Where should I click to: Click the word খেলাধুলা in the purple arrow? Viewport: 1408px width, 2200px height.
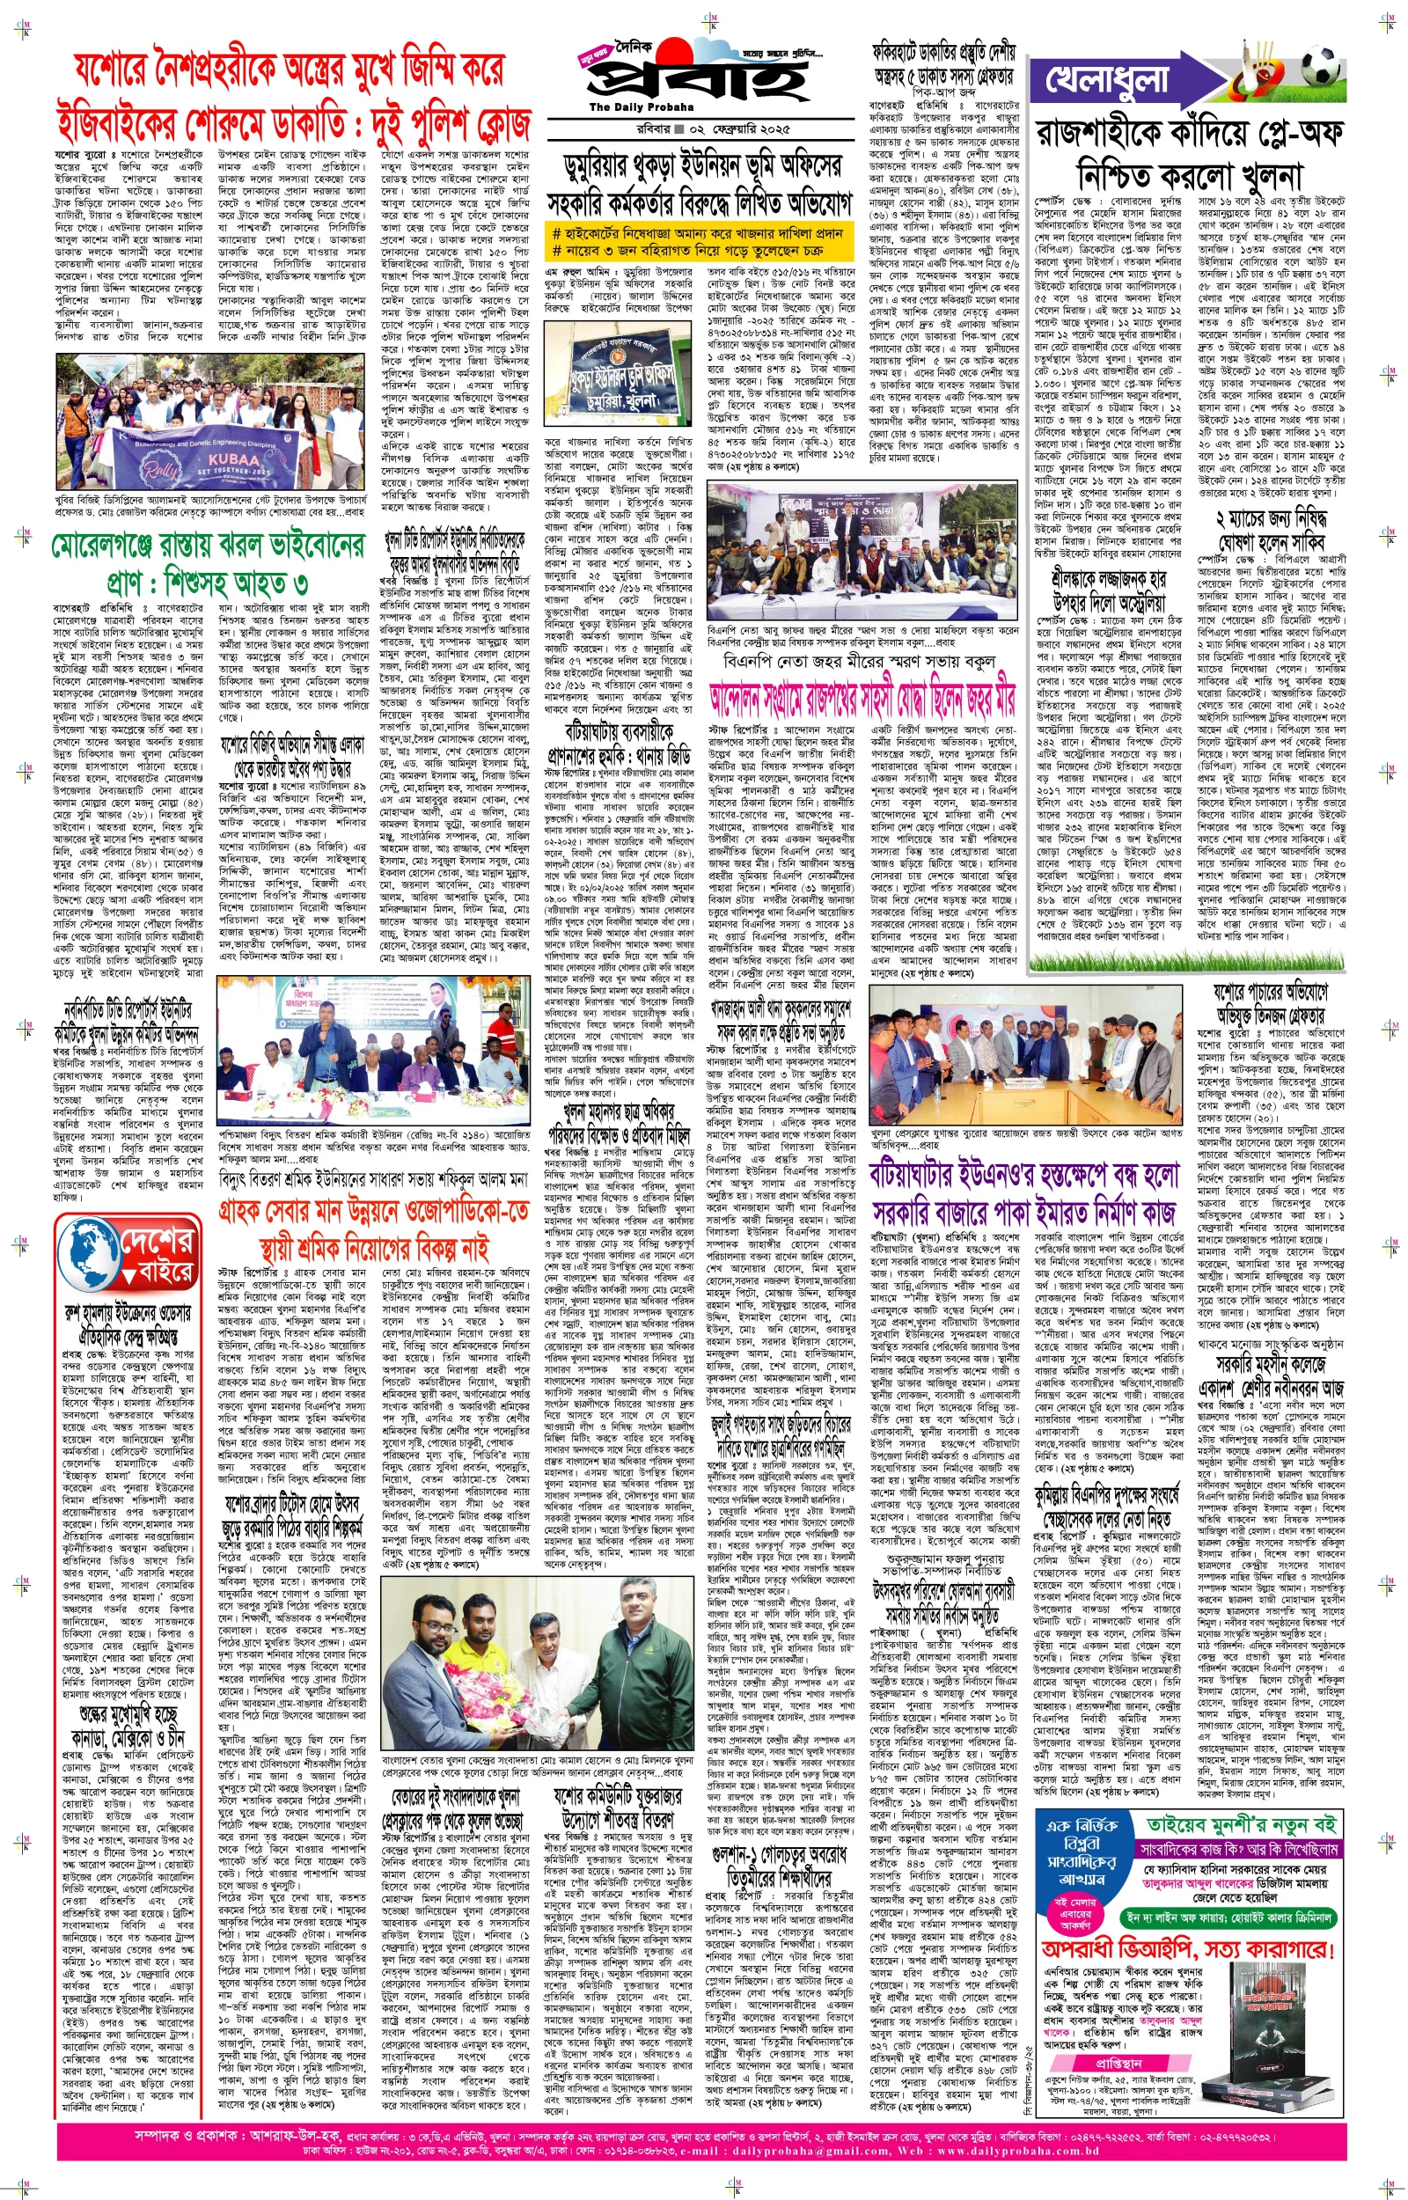point(1107,80)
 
